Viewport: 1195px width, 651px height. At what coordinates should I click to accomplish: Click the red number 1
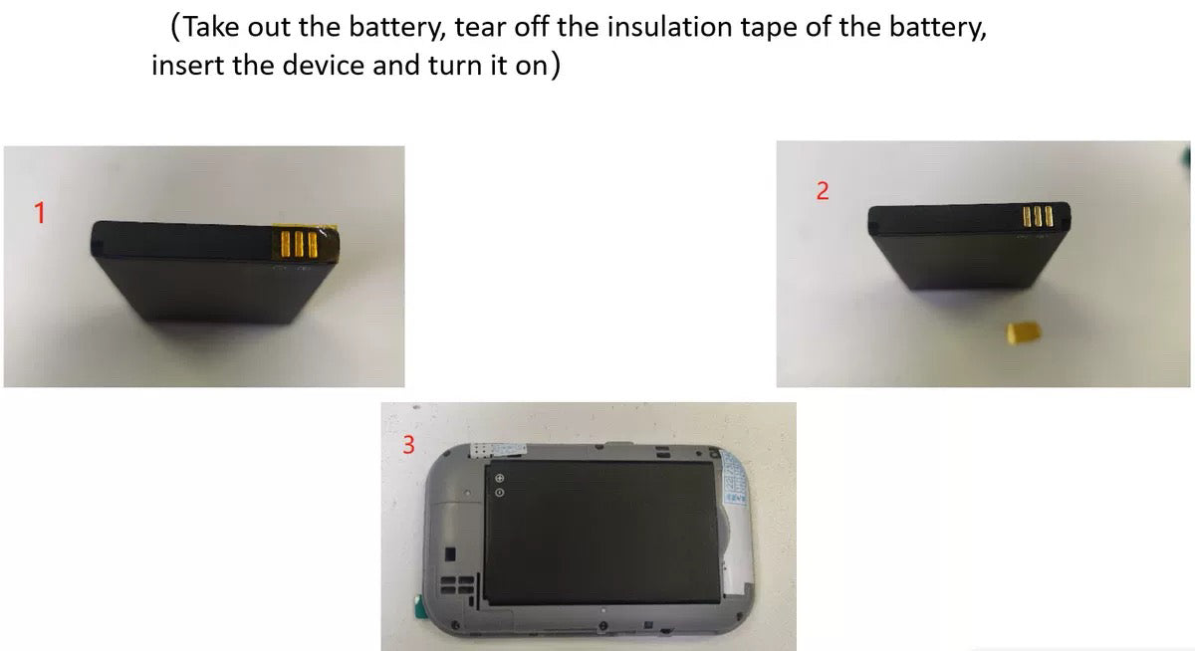pos(40,213)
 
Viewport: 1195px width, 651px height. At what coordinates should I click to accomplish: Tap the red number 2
pos(823,191)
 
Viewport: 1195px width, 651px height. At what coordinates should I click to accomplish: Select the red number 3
pos(408,445)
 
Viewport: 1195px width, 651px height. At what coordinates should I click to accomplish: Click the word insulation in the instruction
pos(669,27)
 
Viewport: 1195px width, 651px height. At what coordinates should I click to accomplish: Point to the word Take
pos(211,27)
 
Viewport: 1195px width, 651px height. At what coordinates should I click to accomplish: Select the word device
pos(324,66)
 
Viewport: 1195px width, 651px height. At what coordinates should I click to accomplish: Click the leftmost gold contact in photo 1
pos(286,244)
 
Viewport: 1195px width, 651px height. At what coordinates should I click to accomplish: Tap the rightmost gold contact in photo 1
pos(313,245)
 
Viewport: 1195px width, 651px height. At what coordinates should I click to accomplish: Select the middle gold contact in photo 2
pos(1038,216)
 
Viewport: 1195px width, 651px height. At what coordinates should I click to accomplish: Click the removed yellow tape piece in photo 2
pos(1024,332)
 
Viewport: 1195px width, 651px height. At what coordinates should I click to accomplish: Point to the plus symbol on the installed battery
pos(499,478)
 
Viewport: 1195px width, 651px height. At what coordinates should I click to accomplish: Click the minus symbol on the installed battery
pos(499,493)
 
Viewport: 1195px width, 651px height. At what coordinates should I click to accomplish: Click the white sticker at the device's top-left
pos(497,451)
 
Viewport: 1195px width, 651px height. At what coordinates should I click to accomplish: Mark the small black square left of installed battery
pos(450,554)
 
